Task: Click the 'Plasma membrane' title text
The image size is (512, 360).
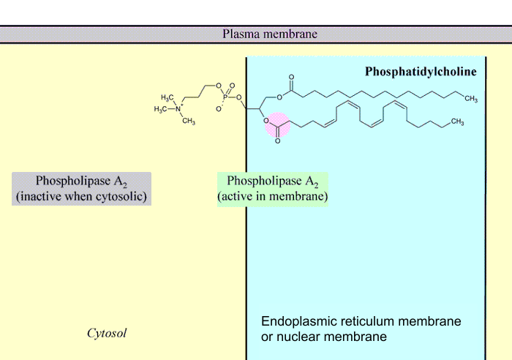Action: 270,34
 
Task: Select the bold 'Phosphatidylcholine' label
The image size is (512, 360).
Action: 421,72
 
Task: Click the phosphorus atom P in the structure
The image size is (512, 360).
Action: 225,97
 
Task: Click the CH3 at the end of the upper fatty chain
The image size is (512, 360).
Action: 470,99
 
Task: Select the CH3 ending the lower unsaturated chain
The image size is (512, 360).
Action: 457,121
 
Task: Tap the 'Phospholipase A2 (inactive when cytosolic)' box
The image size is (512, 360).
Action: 82,189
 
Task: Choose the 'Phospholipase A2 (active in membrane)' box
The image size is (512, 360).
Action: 273,189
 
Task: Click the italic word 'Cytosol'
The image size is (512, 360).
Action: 107,334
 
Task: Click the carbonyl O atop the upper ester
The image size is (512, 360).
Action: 291,77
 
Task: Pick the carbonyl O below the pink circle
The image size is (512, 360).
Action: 277,140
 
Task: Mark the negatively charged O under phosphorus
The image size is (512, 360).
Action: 217,108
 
